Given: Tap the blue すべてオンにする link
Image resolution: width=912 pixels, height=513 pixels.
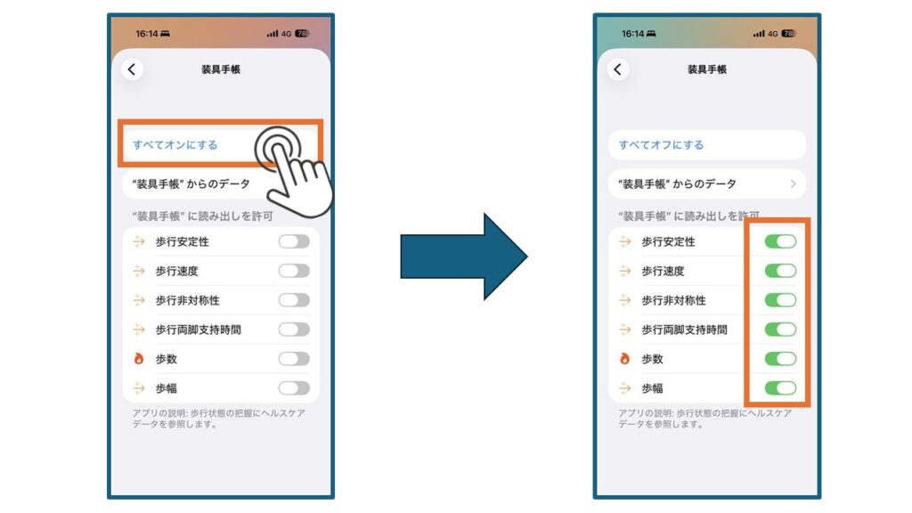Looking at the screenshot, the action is [x=175, y=145].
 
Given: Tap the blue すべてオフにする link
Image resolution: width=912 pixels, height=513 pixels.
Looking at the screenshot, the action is [x=662, y=145].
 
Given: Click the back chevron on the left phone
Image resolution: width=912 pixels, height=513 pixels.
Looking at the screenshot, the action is [x=132, y=69].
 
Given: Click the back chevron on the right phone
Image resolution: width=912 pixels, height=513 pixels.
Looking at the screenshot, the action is [x=618, y=69].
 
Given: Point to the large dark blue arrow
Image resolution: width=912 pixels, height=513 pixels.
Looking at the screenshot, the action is [x=463, y=256].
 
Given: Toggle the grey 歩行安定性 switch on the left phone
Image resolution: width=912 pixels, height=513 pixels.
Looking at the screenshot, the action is [x=294, y=241].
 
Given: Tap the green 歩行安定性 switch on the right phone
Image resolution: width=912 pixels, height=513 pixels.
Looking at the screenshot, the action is [x=780, y=241].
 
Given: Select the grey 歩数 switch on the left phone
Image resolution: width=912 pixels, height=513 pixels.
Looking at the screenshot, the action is [x=294, y=359].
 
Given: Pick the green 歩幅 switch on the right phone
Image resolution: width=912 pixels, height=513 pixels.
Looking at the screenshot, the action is [x=780, y=388].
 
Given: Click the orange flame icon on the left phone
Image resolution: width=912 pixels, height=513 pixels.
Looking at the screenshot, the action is [x=138, y=359].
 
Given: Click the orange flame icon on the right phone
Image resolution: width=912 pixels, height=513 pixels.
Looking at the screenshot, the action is [x=624, y=359].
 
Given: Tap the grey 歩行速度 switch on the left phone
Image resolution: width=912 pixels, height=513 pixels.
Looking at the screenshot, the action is [x=294, y=271].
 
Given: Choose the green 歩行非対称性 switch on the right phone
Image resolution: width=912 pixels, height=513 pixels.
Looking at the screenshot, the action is [x=780, y=300].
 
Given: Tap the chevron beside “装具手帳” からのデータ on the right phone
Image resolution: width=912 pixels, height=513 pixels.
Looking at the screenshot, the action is [x=794, y=183].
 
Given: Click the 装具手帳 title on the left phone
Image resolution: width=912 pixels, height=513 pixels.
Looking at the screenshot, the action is [x=221, y=69].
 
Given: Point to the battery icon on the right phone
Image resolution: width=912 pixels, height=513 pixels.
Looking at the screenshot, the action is [x=789, y=34].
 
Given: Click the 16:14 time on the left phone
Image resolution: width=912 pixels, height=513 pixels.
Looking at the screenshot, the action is [x=147, y=34].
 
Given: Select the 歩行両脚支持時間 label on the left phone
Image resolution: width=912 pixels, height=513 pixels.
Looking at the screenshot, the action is [x=199, y=330].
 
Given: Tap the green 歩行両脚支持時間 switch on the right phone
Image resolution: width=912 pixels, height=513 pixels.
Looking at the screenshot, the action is [x=780, y=330].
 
